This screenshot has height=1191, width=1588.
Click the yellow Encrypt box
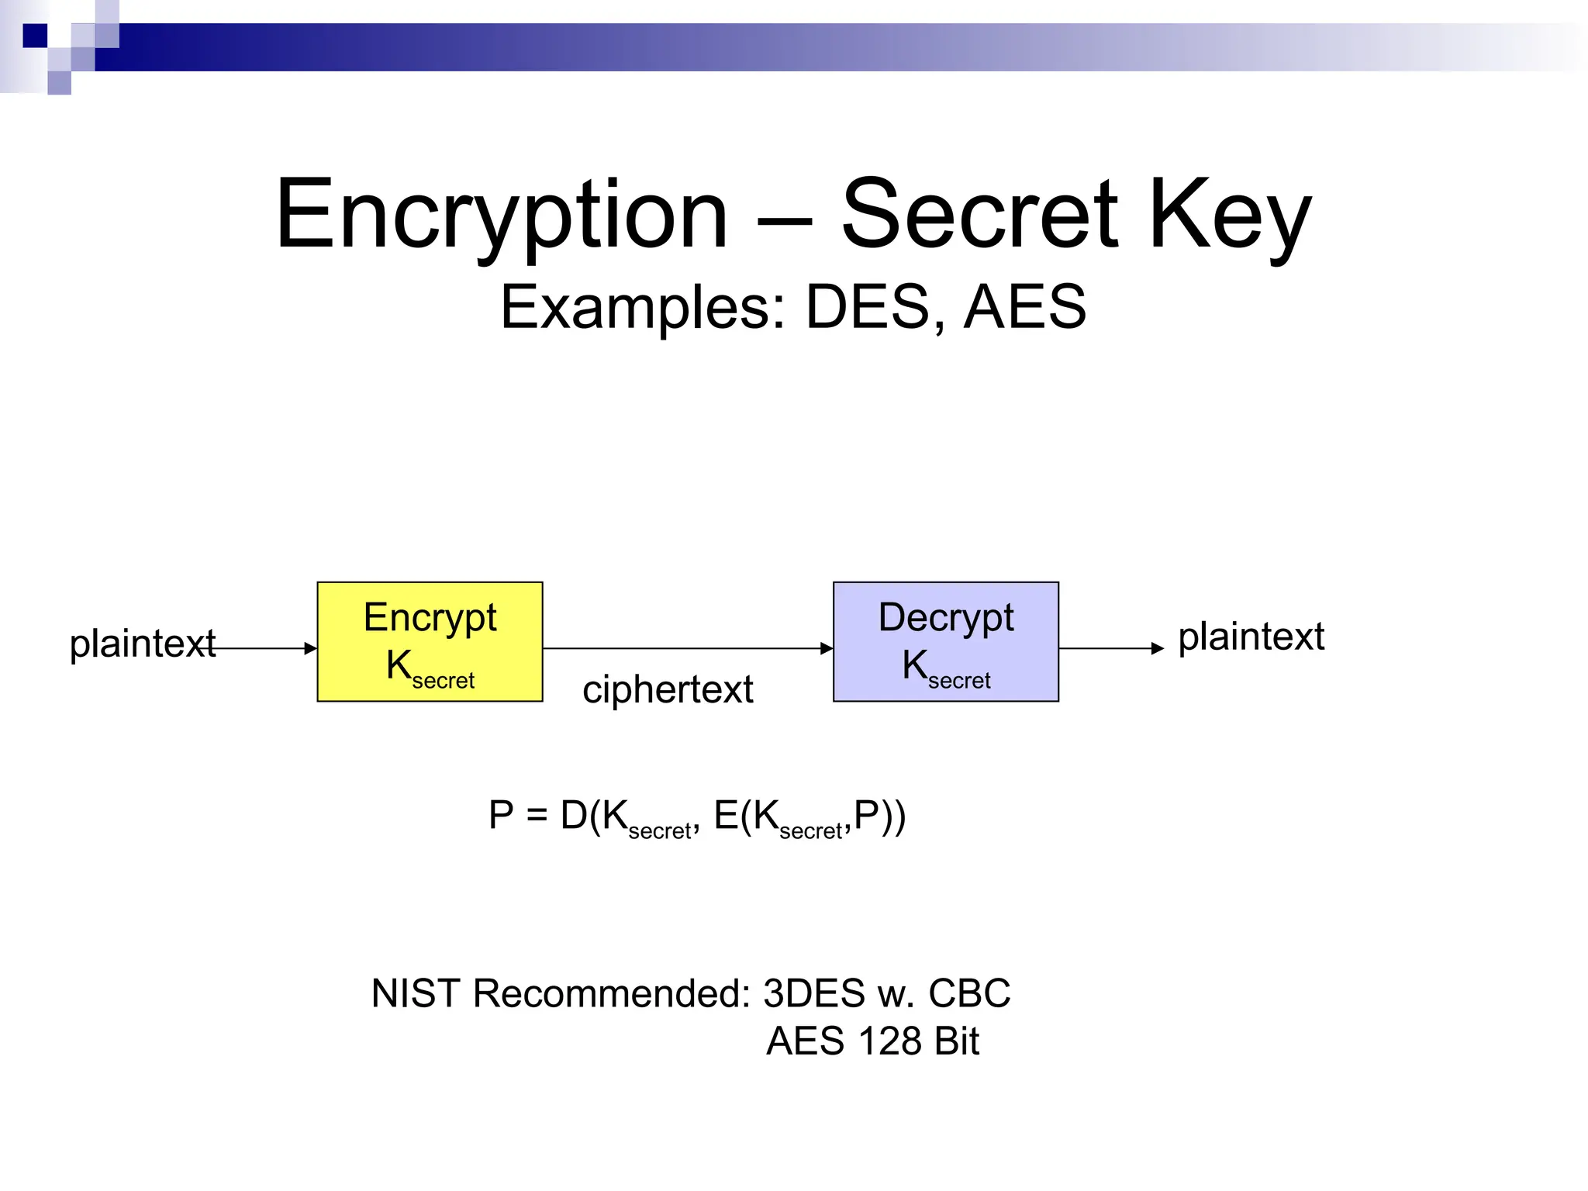430,641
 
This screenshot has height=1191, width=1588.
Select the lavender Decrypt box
945,641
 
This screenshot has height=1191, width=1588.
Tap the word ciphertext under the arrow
668,689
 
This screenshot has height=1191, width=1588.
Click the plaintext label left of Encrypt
142,644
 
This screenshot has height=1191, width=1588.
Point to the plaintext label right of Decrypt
1251,637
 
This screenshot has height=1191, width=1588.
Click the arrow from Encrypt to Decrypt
687,648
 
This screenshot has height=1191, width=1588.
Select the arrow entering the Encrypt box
264,648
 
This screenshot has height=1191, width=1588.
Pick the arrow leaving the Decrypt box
1110,648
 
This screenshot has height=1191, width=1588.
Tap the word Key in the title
1229,214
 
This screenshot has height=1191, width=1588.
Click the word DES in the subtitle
868,307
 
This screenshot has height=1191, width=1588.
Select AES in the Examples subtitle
1024,307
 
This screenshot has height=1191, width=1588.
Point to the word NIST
416,993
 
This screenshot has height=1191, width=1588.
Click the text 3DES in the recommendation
813,993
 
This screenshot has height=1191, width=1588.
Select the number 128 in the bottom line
889,1041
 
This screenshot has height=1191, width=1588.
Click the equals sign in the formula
537,816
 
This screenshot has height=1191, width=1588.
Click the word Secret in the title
979,214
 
